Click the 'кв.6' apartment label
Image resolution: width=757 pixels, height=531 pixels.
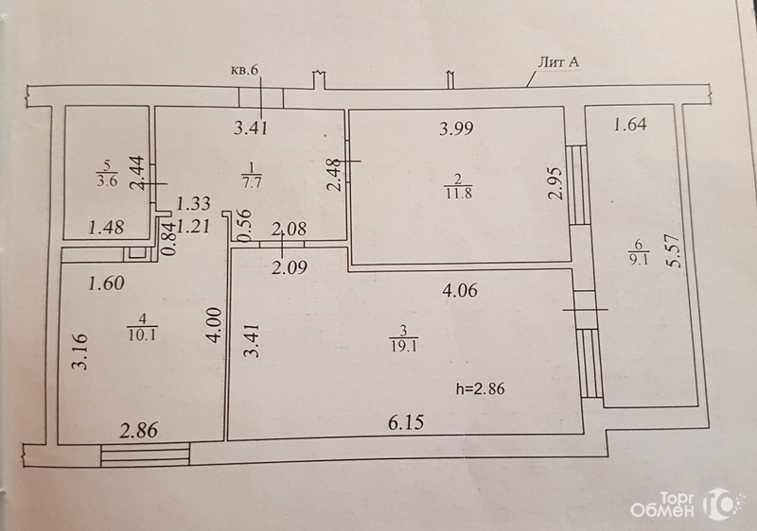[x=245, y=70]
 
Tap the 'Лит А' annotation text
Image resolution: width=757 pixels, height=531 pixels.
[x=558, y=62]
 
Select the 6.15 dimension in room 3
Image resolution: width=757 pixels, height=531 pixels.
[x=406, y=422]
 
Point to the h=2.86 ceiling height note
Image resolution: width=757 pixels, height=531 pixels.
[x=481, y=388]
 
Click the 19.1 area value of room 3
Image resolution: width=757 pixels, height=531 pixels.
[x=404, y=347]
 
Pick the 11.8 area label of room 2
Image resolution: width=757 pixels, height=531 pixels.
[x=458, y=194]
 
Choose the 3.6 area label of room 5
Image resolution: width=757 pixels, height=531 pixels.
[x=106, y=181]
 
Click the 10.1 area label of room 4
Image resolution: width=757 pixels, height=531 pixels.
[x=142, y=334]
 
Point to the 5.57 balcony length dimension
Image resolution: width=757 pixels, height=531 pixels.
[x=675, y=250]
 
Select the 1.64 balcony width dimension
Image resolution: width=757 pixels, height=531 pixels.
[x=630, y=125]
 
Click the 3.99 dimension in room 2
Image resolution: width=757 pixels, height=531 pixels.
[x=456, y=128]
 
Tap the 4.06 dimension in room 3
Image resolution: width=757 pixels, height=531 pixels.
[x=460, y=290]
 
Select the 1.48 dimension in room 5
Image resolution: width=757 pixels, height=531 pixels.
[x=107, y=227]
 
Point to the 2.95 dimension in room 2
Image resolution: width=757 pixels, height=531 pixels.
[x=556, y=183]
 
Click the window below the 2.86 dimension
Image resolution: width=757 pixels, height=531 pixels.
[x=146, y=455]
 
